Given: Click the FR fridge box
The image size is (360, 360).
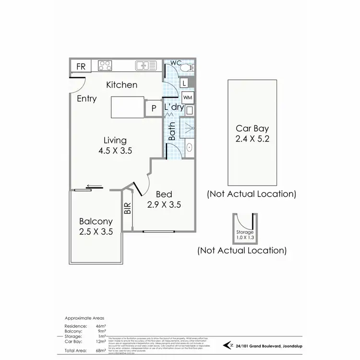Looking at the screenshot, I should click(x=81, y=66).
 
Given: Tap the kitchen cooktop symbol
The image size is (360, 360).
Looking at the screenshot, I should click(x=105, y=66).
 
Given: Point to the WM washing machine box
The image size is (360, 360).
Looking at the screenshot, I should click(x=188, y=97).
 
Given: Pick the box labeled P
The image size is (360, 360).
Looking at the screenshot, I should click(x=154, y=108).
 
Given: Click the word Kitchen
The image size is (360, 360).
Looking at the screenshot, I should click(x=121, y=85).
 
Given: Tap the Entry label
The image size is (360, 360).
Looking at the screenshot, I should click(x=87, y=99).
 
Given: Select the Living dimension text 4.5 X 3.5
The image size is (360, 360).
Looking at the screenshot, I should click(x=115, y=150).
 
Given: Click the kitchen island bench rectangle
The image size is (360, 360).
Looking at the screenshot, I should click(x=128, y=107).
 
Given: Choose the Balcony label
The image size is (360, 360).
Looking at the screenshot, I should click(x=96, y=222).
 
